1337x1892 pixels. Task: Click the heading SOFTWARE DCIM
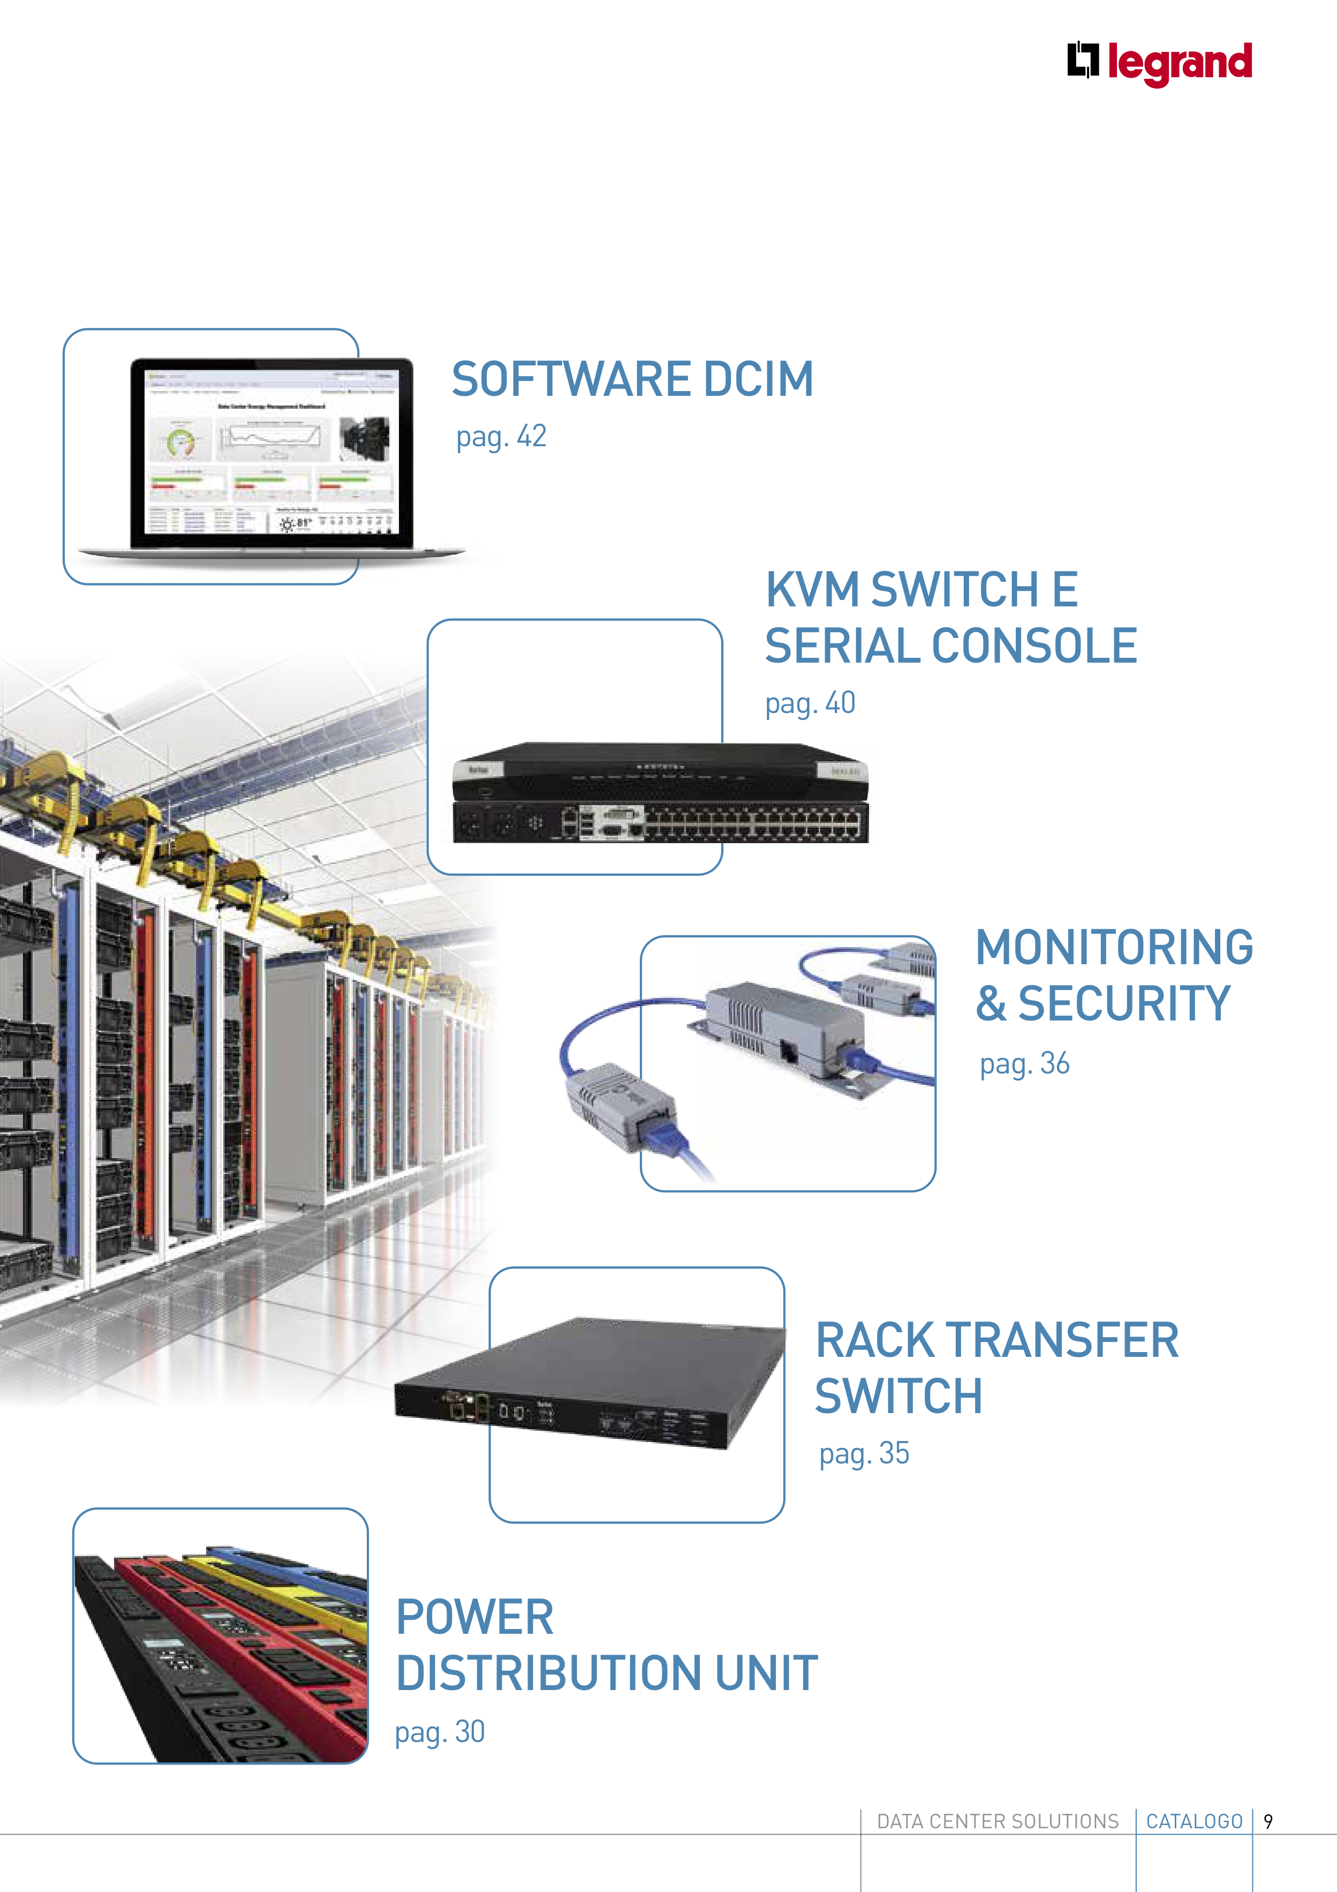pos(632,379)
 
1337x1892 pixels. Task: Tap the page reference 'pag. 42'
pos(501,437)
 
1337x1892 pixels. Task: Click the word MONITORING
pos(1114,948)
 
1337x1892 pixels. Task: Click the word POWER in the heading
pos(474,1617)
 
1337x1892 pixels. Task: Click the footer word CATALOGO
pos(1194,1821)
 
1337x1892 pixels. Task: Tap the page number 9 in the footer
pos(1268,1821)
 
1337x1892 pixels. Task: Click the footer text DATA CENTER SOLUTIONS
pos(997,1821)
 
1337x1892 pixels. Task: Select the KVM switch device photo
pos(660,793)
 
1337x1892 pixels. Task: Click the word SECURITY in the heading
pos(1124,1004)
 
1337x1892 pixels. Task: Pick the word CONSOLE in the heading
pos(1034,646)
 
